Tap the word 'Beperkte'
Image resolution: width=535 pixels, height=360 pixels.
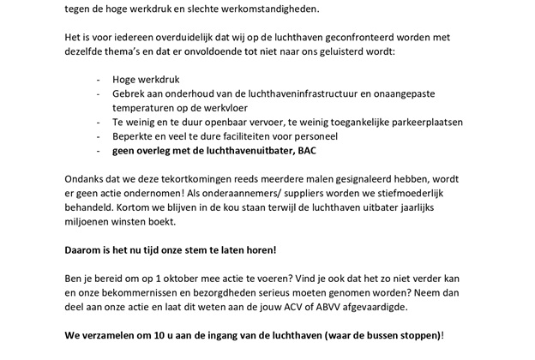pyautogui.click(x=135, y=136)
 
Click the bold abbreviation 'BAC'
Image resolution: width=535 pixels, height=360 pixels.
pyautogui.click(x=305, y=151)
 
